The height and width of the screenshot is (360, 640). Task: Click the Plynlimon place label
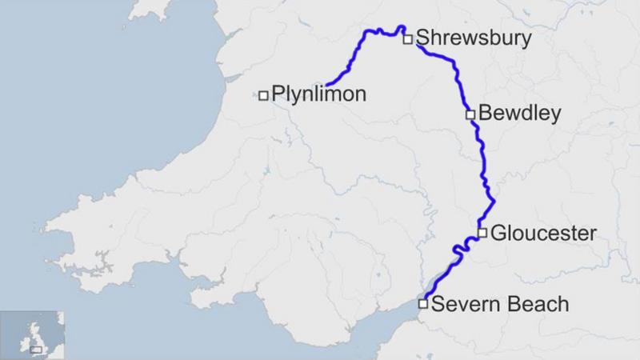(318, 94)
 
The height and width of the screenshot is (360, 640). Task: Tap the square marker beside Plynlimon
(263, 96)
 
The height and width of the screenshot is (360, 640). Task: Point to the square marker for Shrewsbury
(407, 38)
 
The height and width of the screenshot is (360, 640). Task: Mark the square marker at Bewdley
(470, 114)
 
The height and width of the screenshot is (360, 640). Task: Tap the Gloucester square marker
(482, 233)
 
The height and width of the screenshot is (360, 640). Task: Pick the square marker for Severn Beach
(423, 303)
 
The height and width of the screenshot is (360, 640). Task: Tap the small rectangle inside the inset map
(36, 348)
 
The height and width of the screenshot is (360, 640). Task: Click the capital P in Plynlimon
(278, 94)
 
